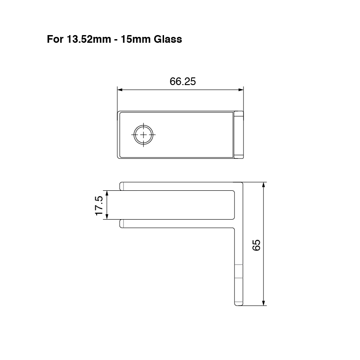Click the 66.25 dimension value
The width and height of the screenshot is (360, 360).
click(182, 81)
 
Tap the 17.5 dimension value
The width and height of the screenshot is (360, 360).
click(99, 206)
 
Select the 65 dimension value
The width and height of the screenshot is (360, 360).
click(256, 245)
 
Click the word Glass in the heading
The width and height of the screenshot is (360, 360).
click(168, 39)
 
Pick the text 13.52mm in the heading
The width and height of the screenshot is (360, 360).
click(89, 39)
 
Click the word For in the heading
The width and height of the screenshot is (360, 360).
click(55, 39)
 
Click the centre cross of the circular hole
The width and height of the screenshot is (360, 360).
click(143, 135)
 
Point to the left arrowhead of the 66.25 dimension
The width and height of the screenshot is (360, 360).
click(120, 90)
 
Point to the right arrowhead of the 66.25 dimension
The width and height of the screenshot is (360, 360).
click(241, 90)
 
